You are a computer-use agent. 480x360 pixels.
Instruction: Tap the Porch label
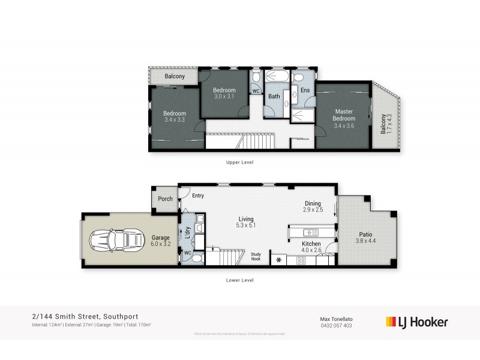165,199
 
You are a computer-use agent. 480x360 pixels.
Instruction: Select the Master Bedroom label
344,115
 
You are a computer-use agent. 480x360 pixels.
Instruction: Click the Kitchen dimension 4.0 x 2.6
312,251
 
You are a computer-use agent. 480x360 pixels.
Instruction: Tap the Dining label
313,203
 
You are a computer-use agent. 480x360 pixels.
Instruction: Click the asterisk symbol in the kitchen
278,260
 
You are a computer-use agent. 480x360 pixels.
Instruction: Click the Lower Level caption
239,280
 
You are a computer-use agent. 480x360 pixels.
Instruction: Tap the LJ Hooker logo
416,322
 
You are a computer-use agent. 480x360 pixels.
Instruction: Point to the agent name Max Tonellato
335,319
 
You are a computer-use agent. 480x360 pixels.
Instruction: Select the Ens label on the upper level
305,90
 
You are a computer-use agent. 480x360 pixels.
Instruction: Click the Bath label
274,96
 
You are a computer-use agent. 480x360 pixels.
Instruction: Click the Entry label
198,196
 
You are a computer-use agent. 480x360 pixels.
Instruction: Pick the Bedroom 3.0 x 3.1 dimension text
224,96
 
